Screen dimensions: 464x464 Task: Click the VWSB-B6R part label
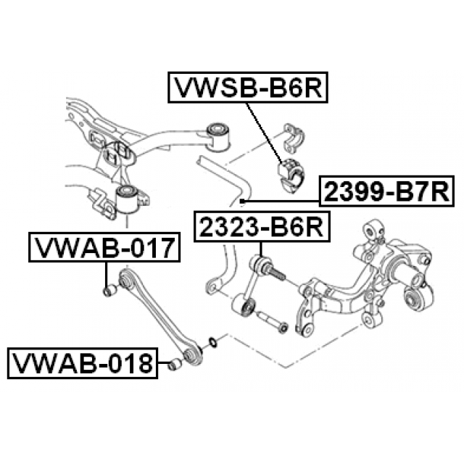pos(248,87)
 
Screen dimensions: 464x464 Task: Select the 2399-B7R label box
pos(386,191)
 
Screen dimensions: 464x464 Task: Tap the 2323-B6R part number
pos(262,227)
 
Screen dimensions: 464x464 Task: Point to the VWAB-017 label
pos(104,247)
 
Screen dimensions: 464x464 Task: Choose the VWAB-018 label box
pos(83,363)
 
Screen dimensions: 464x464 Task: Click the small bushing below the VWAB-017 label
pos(109,290)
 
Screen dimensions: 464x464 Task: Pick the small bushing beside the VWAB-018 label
pos(175,364)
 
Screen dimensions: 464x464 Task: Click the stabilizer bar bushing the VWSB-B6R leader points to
pos(292,175)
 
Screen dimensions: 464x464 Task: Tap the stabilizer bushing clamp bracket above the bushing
pos(294,138)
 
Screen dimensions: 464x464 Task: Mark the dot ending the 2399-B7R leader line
pos(242,202)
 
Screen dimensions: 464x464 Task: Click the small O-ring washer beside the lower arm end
pos(213,341)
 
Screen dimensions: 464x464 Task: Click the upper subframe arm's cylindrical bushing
pos(219,136)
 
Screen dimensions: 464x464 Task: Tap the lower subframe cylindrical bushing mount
pos(127,198)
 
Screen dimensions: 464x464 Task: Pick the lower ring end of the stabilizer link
pos(244,306)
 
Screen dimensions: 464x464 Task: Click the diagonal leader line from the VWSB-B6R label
pos(264,132)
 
